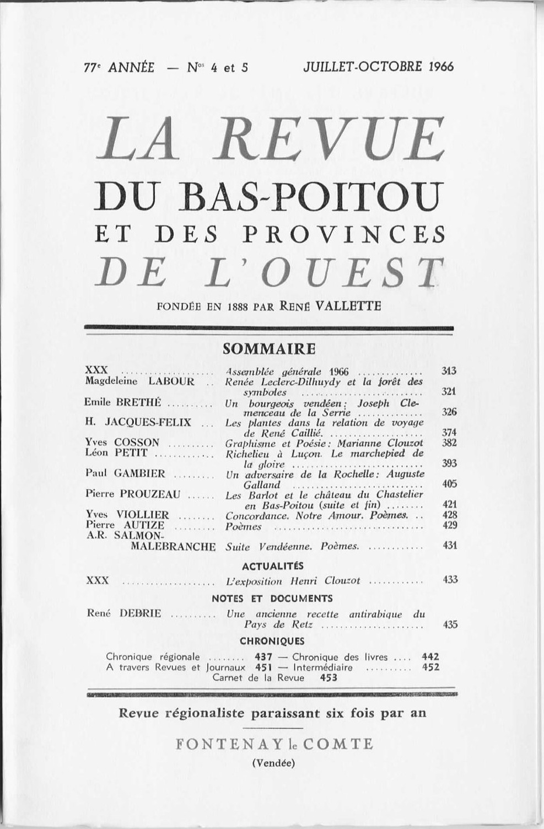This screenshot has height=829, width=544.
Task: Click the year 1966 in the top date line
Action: click(440, 67)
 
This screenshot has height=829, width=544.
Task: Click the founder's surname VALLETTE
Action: click(347, 305)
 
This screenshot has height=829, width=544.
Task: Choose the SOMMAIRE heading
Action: click(270, 349)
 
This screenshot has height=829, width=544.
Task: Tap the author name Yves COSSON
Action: click(122, 442)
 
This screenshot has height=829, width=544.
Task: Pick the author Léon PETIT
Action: click(116, 453)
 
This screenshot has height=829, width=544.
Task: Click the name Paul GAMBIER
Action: click(125, 473)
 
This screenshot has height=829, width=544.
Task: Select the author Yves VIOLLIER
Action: click(127, 515)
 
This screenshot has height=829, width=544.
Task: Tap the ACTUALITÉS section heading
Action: click(272, 565)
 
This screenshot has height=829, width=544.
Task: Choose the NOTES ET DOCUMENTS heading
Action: click(272, 598)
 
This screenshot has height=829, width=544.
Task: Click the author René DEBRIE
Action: click(124, 613)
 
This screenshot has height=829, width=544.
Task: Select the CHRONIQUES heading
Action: click(272, 641)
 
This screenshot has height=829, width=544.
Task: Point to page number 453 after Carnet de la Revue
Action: click(328, 678)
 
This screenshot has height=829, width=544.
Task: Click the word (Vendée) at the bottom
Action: click(273, 763)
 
